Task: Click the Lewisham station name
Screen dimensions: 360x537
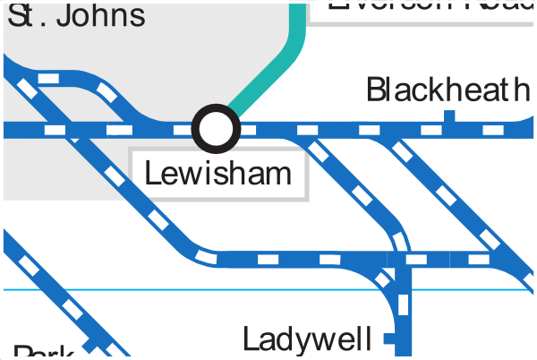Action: click(218, 173)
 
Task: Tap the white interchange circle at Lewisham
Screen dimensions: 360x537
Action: click(217, 129)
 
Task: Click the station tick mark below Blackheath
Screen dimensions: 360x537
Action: click(449, 116)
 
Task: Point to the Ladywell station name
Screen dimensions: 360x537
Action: click(307, 340)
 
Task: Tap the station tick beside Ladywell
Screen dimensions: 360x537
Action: click(388, 339)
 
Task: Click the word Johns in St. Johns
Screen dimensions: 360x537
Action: click(98, 15)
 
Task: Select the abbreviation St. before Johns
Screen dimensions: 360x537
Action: click(24, 15)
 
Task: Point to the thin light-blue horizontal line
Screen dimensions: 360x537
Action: click(179, 289)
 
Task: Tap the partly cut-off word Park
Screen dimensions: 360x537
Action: click(41, 352)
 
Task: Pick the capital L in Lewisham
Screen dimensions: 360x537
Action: click(152, 173)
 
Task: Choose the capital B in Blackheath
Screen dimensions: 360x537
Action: click(377, 90)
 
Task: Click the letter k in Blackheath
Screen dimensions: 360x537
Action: click(433, 90)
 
